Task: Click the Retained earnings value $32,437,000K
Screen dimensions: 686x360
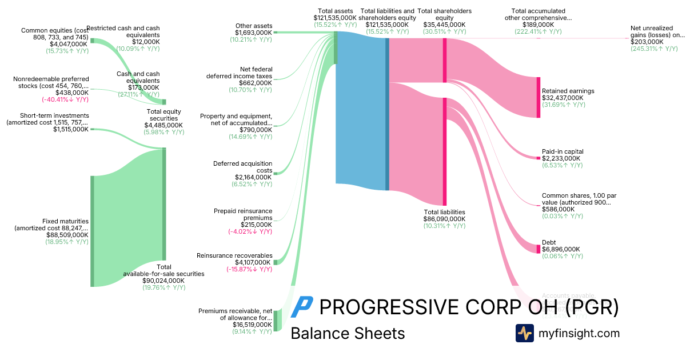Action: coord(563,98)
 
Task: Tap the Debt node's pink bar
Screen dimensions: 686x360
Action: coord(538,249)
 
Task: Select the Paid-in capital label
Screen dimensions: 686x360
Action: coord(563,151)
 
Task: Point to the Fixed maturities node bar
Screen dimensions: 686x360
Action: coord(92,231)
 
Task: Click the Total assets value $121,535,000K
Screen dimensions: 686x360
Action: coord(335,18)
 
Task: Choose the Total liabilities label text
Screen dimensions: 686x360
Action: coord(444,211)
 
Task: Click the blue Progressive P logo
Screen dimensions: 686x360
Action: coord(301,307)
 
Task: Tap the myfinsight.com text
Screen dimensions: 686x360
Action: coord(579,333)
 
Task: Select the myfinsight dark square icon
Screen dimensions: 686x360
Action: coord(524,333)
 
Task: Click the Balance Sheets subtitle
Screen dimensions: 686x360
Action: coord(348,333)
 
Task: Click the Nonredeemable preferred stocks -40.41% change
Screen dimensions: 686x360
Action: coord(65,99)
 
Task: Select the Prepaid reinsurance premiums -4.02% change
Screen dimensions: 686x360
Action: coord(250,231)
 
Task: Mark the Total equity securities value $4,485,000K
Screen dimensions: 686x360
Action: coord(163,125)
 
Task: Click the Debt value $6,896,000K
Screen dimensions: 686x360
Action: coord(561,249)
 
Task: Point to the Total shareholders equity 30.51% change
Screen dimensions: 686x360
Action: coord(444,32)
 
